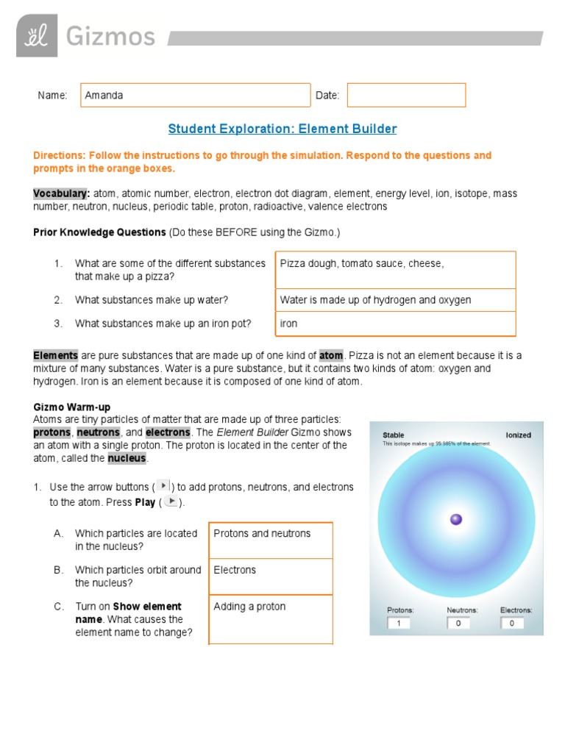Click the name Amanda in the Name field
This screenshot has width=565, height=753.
pyautogui.click(x=104, y=95)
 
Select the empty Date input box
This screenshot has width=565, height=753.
pyautogui.click(x=406, y=95)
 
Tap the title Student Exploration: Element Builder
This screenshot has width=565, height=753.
pyautogui.click(x=282, y=129)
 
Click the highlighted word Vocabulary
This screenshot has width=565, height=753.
pyautogui.click(x=61, y=193)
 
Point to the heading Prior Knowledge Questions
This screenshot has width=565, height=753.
pyautogui.click(x=99, y=232)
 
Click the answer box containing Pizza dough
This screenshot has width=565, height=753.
pyautogui.click(x=395, y=269)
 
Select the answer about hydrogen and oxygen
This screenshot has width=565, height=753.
pyautogui.click(x=395, y=300)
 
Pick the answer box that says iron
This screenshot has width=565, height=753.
pyautogui.click(x=395, y=324)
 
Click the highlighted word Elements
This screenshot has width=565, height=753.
pyautogui.click(x=55, y=355)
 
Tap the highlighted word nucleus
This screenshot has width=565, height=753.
pyautogui.click(x=127, y=458)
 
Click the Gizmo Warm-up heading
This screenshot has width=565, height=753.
pyautogui.click(x=72, y=407)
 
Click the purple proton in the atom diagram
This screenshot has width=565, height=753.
pyautogui.click(x=456, y=519)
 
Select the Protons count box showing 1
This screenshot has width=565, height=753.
pyautogui.click(x=399, y=623)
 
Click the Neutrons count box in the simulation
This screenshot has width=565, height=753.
pyautogui.click(x=458, y=623)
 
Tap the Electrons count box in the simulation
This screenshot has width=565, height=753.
pyautogui.click(x=513, y=623)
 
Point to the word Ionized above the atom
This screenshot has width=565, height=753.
pyautogui.click(x=518, y=435)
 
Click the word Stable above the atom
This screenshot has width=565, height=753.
pyautogui.click(x=394, y=435)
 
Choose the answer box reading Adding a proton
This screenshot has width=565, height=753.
pyautogui.click(x=271, y=618)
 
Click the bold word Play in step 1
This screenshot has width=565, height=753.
pyautogui.click(x=144, y=502)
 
